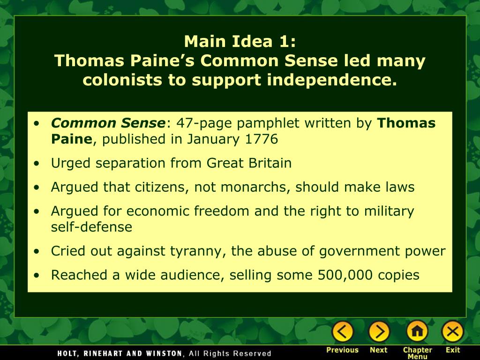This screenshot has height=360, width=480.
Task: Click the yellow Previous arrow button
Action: pyautogui.click(x=342, y=331)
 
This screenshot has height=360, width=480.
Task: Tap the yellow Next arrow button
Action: pyautogui.click(x=379, y=331)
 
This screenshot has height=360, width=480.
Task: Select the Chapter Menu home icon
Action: pyautogui.click(x=417, y=331)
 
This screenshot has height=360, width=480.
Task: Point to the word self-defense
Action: pyautogui.click(x=91, y=227)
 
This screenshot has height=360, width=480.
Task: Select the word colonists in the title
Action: pyautogui.click(x=123, y=80)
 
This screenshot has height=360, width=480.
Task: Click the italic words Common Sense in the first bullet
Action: pyautogui.click(x=108, y=123)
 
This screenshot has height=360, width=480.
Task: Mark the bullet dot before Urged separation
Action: pyautogui.click(x=37, y=164)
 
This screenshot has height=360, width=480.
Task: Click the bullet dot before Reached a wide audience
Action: pyautogui.click(x=37, y=276)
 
